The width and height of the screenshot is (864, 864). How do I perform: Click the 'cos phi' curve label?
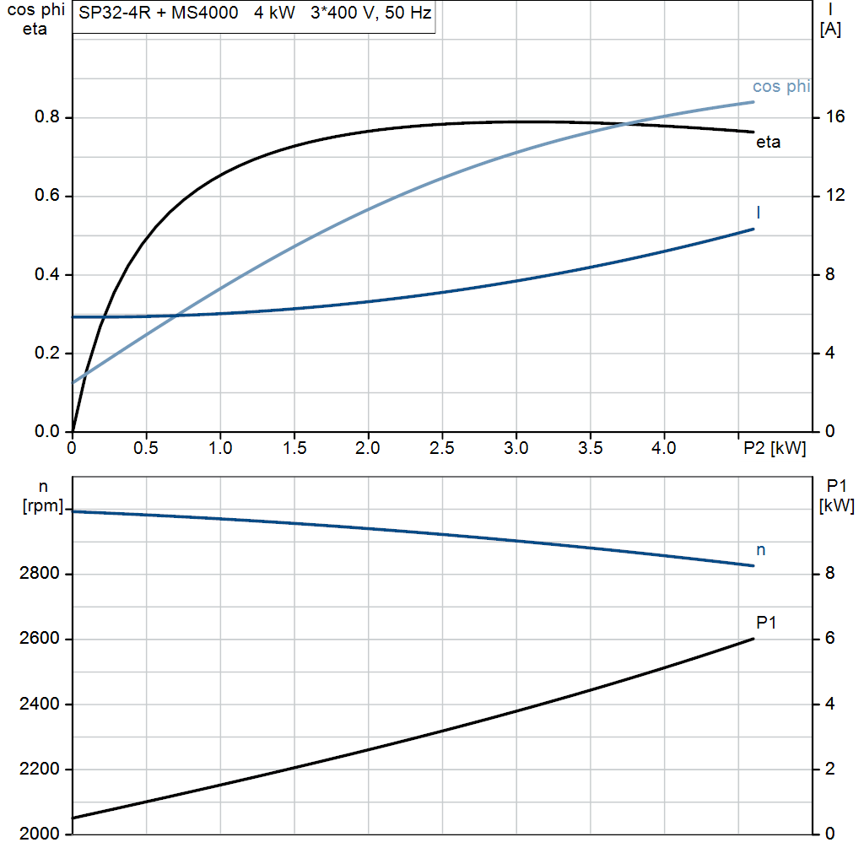(x=780, y=87)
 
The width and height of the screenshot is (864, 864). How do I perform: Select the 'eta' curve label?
(x=768, y=143)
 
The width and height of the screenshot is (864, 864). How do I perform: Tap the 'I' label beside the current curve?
(x=758, y=212)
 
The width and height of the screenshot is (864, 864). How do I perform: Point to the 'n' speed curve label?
(x=761, y=550)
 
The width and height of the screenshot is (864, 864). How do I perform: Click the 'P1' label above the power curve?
(x=766, y=623)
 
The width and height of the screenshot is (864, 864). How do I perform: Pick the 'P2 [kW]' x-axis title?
(x=775, y=449)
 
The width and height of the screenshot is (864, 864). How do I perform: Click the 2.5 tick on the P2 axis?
(x=442, y=449)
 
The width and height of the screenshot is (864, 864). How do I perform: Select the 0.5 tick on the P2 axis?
(x=146, y=449)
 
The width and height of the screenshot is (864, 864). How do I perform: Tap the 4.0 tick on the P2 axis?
(x=664, y=449)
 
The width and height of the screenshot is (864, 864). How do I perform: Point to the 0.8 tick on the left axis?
(x=46, y=117)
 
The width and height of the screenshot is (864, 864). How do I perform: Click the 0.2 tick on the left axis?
(x=46, y=354)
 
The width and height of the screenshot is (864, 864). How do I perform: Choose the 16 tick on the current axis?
(x=835, y=117)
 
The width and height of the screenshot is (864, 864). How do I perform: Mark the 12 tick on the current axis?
(x=835, y=196)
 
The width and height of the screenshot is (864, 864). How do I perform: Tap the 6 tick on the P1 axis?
(x=829, y=639)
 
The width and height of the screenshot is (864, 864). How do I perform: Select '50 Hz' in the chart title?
(x=408, y=15)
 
